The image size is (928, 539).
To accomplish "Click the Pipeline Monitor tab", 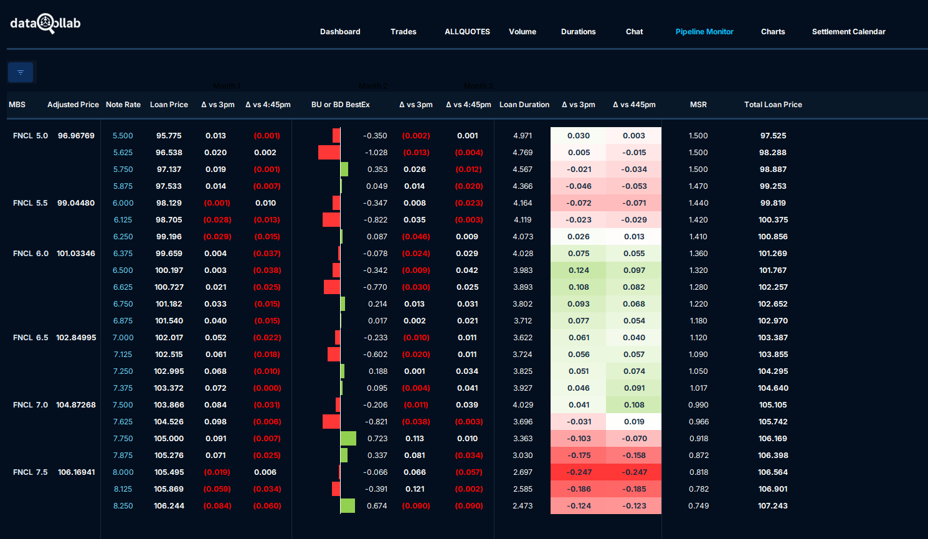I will (704, 32).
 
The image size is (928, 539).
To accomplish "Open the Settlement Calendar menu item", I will (848, 32).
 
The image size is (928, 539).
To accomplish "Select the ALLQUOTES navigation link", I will (467, 32).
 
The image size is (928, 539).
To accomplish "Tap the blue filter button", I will (21, 72).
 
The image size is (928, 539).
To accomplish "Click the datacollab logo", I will (45, 24).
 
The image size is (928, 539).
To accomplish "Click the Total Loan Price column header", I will (773, 105).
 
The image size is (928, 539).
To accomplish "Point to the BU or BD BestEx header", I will (340, 105).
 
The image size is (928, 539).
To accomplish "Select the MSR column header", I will (698, 105).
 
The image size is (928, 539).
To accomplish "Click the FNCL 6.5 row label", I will (31, 338).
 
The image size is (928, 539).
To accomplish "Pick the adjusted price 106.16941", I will (77, 472).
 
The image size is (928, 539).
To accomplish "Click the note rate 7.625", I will (123, 422).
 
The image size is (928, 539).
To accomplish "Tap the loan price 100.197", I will (169, 270).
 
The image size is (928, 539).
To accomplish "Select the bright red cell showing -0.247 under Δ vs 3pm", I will (579, 472).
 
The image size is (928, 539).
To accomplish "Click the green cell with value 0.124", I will (579, 270).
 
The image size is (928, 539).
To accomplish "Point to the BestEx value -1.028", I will (376, 153).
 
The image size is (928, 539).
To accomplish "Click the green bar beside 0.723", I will (348, 439).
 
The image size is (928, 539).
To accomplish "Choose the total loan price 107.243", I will (773, 506).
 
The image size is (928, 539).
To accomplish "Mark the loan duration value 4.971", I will (523, 136).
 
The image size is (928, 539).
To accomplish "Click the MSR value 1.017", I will (698, 388).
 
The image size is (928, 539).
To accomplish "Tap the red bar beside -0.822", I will (331, 220).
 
